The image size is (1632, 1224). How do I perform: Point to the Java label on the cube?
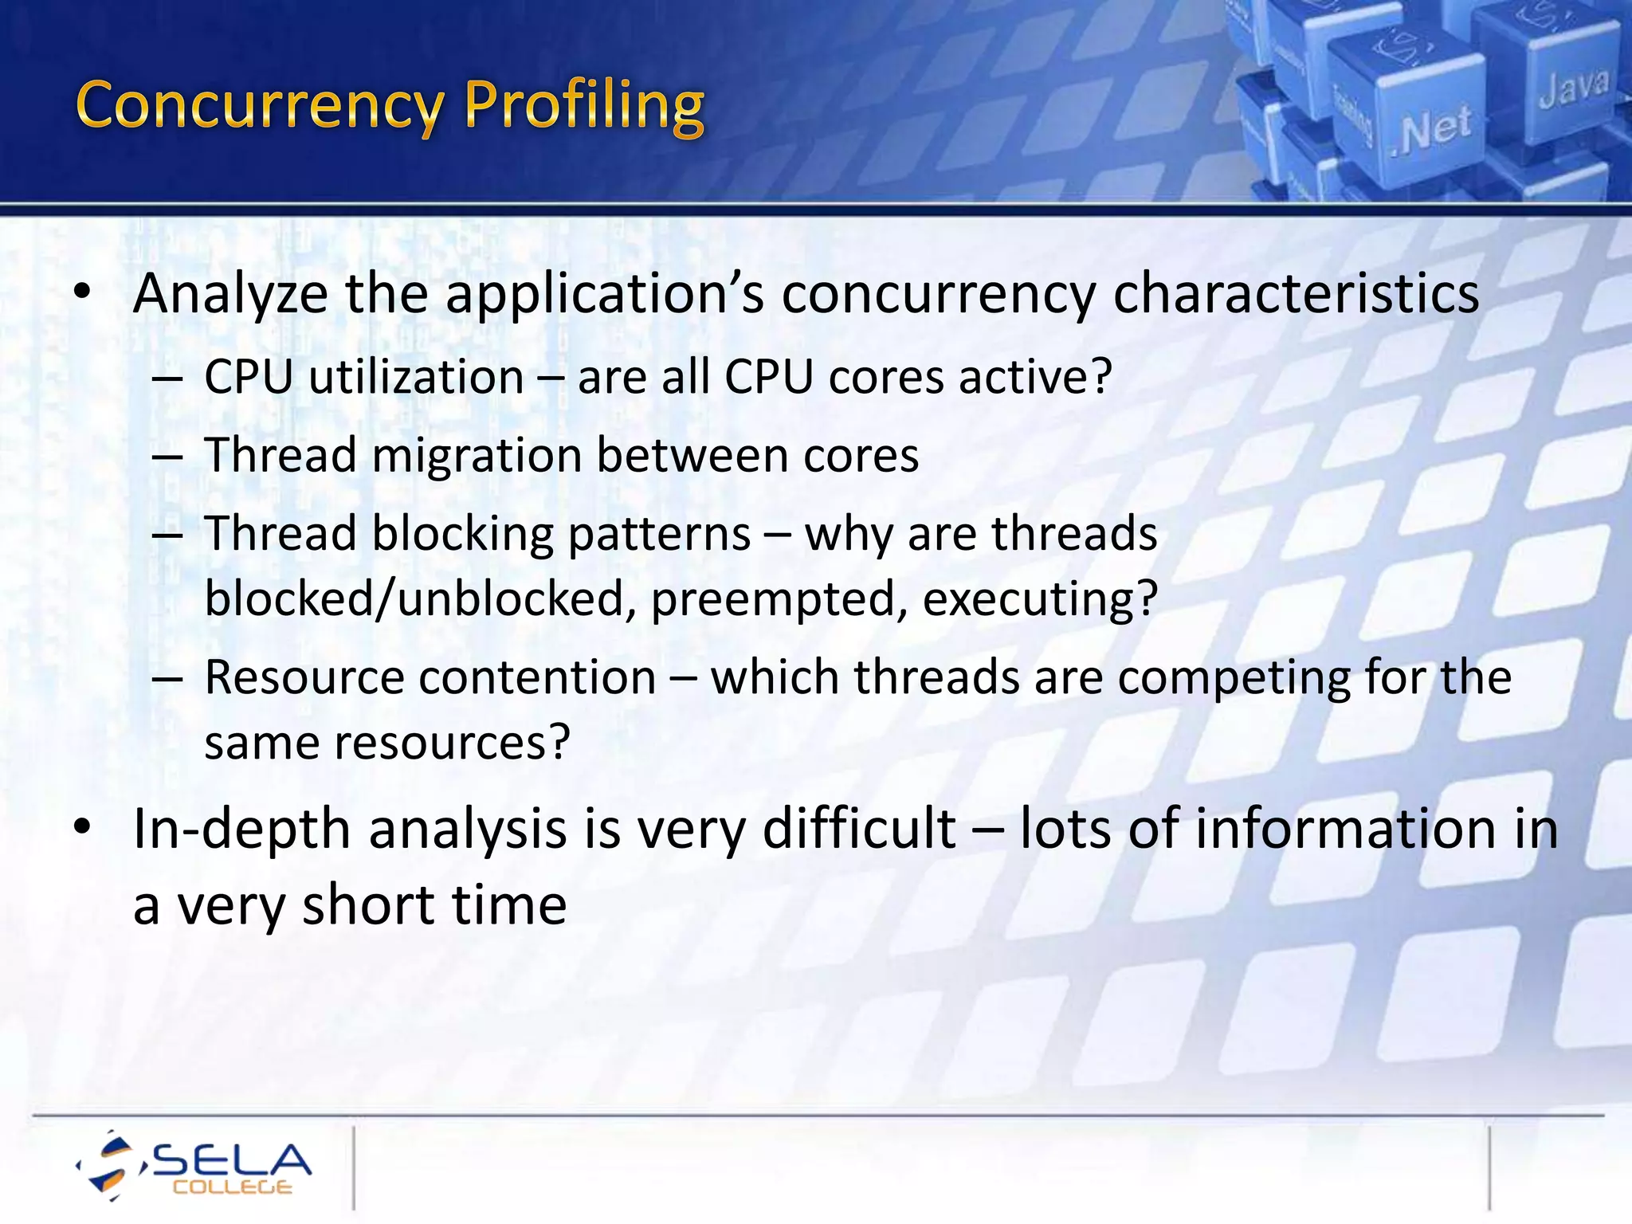[x=1573, y=87]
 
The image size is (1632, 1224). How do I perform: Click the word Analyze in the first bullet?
[x=230, y=295]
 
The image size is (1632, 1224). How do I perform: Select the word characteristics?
[x=1296, y=293]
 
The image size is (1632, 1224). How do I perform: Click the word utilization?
[x=416, y=377]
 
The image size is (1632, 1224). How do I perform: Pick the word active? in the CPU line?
[x=1035, y=377]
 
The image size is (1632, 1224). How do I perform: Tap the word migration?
[x=477, y=456]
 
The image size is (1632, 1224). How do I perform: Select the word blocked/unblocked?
[x=414, y=599]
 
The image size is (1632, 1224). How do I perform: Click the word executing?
[x=1040, y=599]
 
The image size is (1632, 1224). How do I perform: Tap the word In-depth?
[x=241, y=830]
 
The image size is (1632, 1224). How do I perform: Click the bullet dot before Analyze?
[x=82, y=292]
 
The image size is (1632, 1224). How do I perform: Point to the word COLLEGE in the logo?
[x=232, y=1187]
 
